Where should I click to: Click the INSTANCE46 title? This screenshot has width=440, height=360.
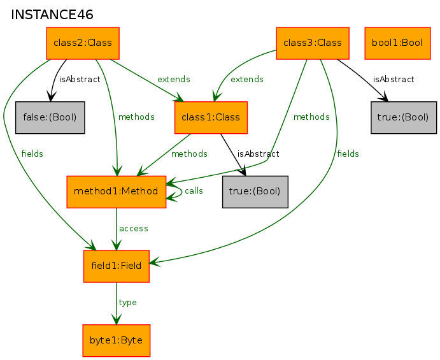(x=52, y=15)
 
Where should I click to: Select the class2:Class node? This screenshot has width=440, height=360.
(x=83, y=43)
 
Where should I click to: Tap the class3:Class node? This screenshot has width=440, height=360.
(x=313, y=43)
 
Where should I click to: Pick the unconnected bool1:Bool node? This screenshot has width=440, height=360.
(x=397, y=43)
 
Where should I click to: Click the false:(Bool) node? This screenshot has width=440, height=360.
(x=50, y=117)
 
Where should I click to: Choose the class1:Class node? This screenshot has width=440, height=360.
(x=211, y=117)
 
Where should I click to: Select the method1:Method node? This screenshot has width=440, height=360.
(x=116, y=192)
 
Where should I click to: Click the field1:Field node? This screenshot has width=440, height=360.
(x=116, y=266)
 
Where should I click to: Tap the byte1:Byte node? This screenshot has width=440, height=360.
(x=116, y=340)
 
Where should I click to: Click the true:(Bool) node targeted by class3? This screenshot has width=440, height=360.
(x=404, y=117)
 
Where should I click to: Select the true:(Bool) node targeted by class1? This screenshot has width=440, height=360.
(x=255, y=192)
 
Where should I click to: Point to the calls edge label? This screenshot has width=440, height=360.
(x=194, y=191)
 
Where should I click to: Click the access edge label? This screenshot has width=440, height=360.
(x=134, y=229)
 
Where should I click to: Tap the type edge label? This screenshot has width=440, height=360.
(x=128, y=303)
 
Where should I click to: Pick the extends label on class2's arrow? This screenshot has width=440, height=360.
(x=174, y=80)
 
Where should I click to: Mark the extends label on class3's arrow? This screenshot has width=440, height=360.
(x=247, y=80)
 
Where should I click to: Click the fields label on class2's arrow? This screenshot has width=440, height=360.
(x=32, y=154)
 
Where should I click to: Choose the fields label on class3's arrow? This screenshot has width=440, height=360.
(x=348, y=154)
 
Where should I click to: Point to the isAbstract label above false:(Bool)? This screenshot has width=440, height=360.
(x=80, y=80)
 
